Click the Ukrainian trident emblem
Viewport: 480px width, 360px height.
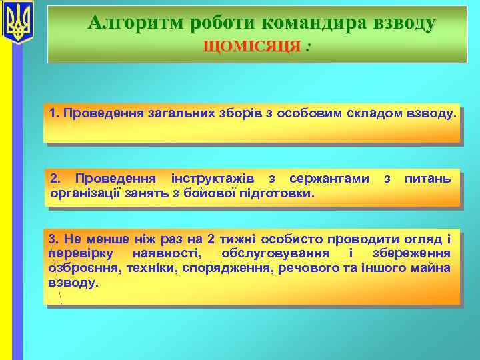tap(18, 21)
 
